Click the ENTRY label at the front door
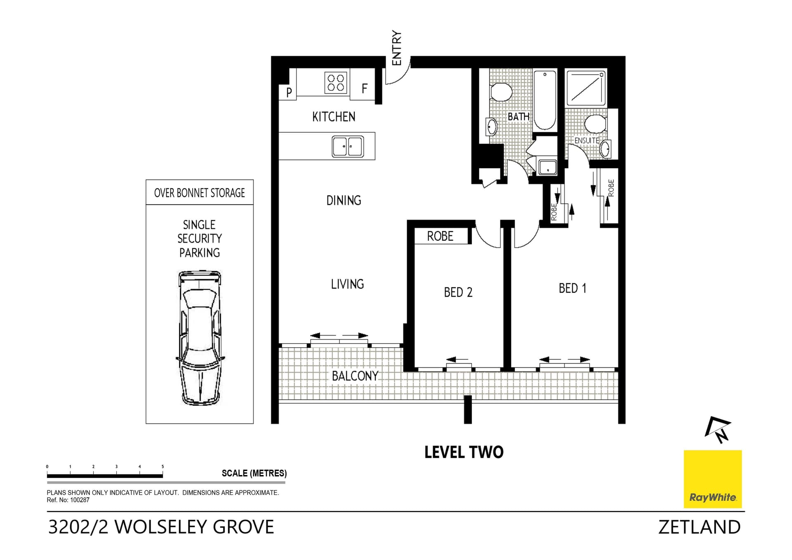pos(396,48)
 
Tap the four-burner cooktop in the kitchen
pos(336,82)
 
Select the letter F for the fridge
pos(364,89)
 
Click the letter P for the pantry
pos(289,92)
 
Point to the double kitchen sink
pos(348,146)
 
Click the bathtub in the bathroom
pos(544,100)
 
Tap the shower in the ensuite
pos(586,88)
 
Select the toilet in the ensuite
pos(595,123)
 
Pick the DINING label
pos(344,201)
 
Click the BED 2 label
pos(458,292)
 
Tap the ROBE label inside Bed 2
pos(440,236)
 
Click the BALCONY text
pos(355,376)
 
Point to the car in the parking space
pos(200,338)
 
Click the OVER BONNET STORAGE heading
pos(199,193)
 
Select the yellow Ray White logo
pos(712,479)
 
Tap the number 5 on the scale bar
pos(163,467)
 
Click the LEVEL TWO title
pos(464,452)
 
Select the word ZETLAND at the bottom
pos(699,527)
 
